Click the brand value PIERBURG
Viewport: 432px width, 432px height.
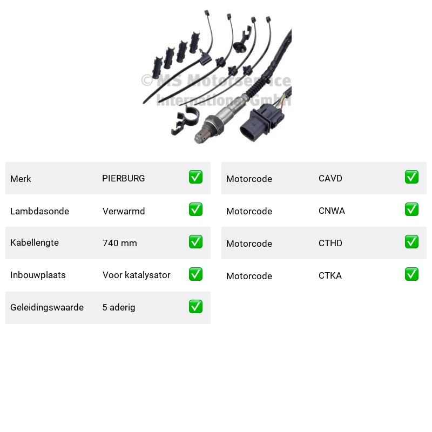coord(124,178)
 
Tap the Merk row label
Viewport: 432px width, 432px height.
coord(21,179)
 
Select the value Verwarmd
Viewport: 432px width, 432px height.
coord(124,211)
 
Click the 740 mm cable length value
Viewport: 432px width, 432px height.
coord(119,243)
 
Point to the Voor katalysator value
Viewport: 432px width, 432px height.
coord(137,275)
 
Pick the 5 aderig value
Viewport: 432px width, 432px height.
coord(119,307)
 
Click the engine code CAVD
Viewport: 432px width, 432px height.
coord(330,178)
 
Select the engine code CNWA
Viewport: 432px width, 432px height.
coord(332,211)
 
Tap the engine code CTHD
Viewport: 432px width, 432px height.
coord(330,243)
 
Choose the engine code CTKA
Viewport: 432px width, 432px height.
coord(330,275)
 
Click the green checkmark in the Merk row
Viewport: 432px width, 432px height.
coord(195,177)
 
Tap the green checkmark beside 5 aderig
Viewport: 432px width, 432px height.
coord(195,306)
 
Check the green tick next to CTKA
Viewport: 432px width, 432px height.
coord(411,274)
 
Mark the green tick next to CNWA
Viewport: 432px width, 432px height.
coord(411,210)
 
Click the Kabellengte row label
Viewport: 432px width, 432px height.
coord(35,242)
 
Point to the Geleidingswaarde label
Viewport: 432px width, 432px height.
coord(47,307)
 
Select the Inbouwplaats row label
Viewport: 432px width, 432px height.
coord(38,275)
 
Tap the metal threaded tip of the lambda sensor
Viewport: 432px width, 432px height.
coord(204,133)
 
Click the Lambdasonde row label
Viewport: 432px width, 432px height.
coord(39,211)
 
